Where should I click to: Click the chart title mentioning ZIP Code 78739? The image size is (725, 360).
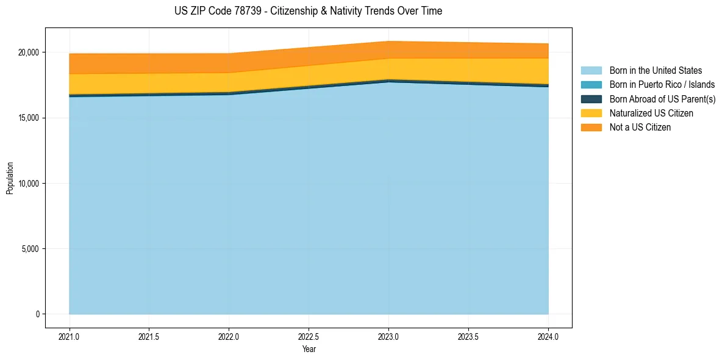point(308,11)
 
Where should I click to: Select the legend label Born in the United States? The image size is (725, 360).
point(655,71)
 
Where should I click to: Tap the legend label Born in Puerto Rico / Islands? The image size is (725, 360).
point(662,85)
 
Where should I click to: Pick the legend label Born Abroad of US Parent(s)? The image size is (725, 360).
point(662,99)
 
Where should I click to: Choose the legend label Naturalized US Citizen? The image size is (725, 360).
point(651,113)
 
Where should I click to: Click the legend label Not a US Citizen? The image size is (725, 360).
point(640,128)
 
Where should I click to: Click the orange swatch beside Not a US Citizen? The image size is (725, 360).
point(591,128)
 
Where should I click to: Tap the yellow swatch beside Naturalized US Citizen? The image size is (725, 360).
point(591,113)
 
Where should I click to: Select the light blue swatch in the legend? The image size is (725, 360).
point(591,71)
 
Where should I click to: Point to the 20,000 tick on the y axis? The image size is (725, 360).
point(28,52)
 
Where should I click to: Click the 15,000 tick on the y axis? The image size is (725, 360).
point(28,118)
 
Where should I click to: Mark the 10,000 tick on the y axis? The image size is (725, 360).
point(28,184)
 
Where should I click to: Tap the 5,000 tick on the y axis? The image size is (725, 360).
point(30,249)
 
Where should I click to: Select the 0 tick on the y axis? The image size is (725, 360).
point(37,314)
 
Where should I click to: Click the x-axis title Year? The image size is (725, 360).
point(309,350)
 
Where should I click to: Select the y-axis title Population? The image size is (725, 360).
point(10,178)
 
